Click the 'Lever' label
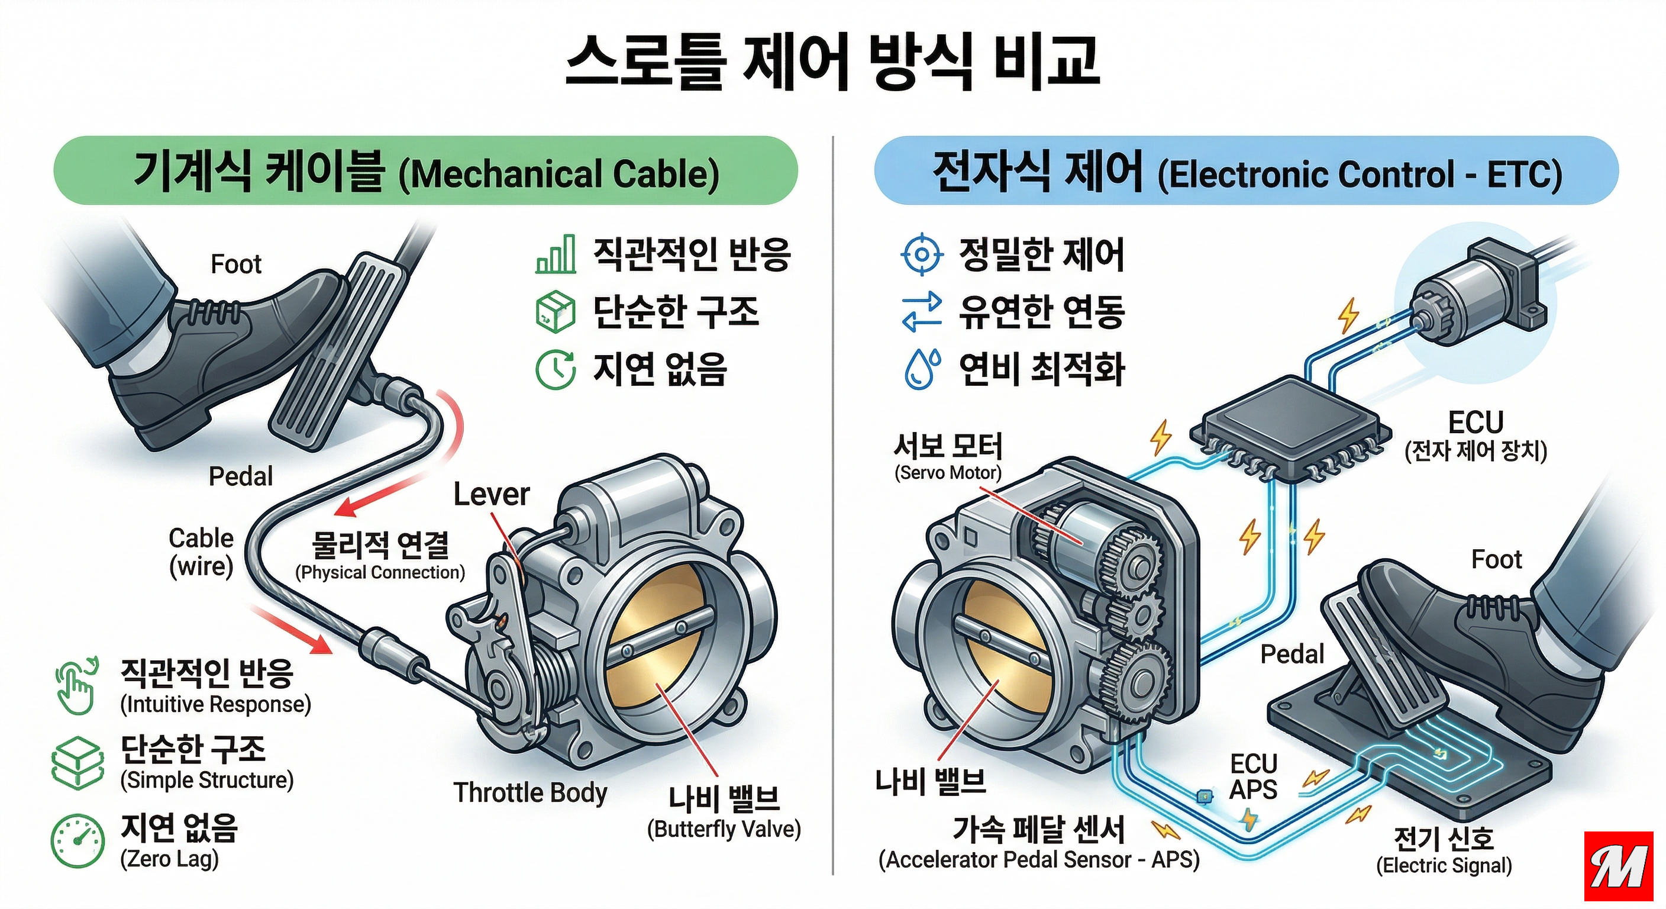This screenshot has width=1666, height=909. pyautogui.click(x=492, y=495)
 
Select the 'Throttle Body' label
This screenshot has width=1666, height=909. pyautogui.click(x=530, y=792)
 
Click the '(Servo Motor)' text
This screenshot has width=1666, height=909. pyautogui.click(x=947, y=473)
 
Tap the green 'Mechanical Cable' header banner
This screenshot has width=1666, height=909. pyautogui.click(x=425, y=171)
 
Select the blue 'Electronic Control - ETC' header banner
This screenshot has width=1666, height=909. pyautogui.click(x=1247, y=171)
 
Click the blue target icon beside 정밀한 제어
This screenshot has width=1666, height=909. pyautogui.click(x=922, y=254)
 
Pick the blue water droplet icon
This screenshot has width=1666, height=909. pyautogui.click(x=922, y=369)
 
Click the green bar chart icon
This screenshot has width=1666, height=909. pyautogui.click(x=556, y=254)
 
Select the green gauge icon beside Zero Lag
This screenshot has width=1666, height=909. pyautogui.click(x=78, y=840)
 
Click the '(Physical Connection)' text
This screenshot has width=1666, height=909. pyautogui.click(x=380, y=573)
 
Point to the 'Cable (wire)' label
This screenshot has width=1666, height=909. pyautogui.click(x=201, y=552)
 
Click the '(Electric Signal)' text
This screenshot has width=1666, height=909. pyautogui.click(x=1444, y=866)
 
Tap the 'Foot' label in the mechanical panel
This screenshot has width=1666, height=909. pyautogui.click(x=236, y=265)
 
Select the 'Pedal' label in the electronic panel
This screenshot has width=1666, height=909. pyautogui.click(x=1292, y=655)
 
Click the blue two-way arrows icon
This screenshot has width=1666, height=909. pyautogui.click(x=922, y=312)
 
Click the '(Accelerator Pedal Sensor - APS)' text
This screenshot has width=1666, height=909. pyautogui.click(x=1039, y=860)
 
